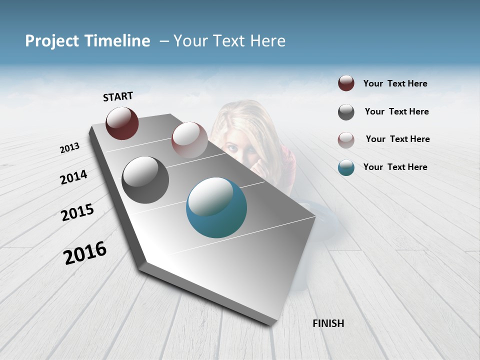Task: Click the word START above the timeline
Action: [x=118, y=96]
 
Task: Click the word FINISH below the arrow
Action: [x=328, y=323]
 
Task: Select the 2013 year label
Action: [x=69, y=148]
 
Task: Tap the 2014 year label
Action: [x=73, y=177]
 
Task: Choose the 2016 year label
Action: [x=85, y=253]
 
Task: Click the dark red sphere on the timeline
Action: [x=122, y=123]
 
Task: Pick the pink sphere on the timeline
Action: [x=189, y=139]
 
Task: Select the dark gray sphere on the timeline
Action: [x=145, y=179]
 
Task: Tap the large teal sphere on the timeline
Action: [x=216, y=207]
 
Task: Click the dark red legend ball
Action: [x=346, y=83]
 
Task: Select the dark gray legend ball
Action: [x=346, y=112]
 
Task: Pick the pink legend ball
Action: [x=346, y=140]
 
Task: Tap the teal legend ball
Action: [x=346, y=167]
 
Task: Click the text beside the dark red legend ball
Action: [x=395, y=84]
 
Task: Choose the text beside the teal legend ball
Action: [x=395, y=167]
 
